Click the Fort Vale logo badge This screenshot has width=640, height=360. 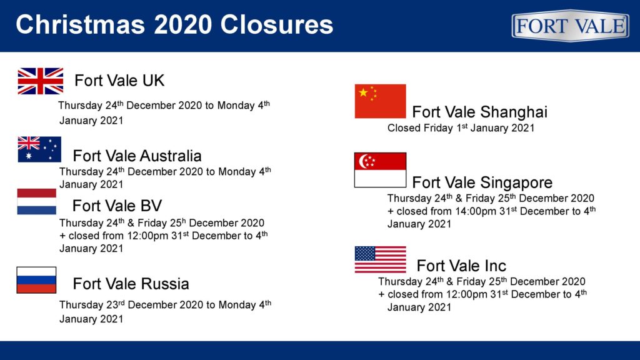570,26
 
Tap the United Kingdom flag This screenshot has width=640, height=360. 41,81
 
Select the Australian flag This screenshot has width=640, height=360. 39,149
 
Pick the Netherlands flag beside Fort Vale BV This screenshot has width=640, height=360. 37,202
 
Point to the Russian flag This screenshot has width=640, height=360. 36,280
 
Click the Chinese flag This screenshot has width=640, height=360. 381,101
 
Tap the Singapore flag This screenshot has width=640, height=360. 381,170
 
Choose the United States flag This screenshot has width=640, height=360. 381,259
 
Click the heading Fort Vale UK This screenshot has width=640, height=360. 119,81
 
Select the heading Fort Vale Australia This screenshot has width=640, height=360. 137,156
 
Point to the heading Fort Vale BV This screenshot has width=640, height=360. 117,206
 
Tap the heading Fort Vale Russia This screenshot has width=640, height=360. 131,284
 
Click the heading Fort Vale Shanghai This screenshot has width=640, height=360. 480,112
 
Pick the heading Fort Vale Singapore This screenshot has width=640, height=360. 482,182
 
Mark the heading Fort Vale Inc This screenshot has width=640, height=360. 462,266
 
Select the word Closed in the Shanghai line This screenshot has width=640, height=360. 404,128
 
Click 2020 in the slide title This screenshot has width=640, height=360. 183,24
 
